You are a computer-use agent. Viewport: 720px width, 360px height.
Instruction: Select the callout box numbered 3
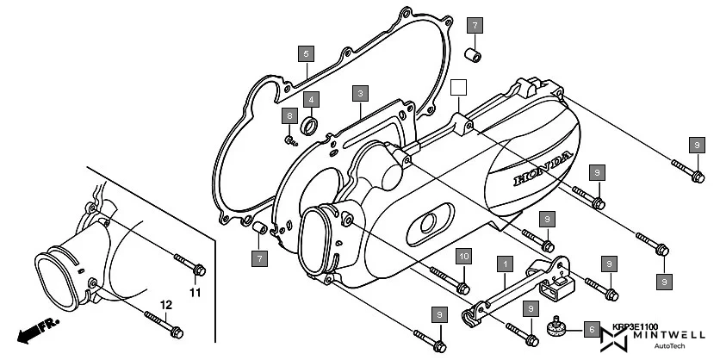tap(360, 93)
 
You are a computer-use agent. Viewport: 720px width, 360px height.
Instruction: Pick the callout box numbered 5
tap(306, 53)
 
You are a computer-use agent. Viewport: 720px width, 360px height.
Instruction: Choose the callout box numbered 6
tap(590, 328)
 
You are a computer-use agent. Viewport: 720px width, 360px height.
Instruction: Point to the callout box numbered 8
tap(290, 116)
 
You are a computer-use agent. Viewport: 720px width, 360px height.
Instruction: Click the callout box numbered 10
tap(463, 257)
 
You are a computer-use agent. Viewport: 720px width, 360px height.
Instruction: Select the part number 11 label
tap(195, 293)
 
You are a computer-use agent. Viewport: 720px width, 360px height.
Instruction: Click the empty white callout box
tap(459, 87)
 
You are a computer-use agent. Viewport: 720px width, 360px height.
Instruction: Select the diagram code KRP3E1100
tap(634, 326)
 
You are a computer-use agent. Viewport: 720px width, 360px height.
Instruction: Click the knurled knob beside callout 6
tap(558, 328)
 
